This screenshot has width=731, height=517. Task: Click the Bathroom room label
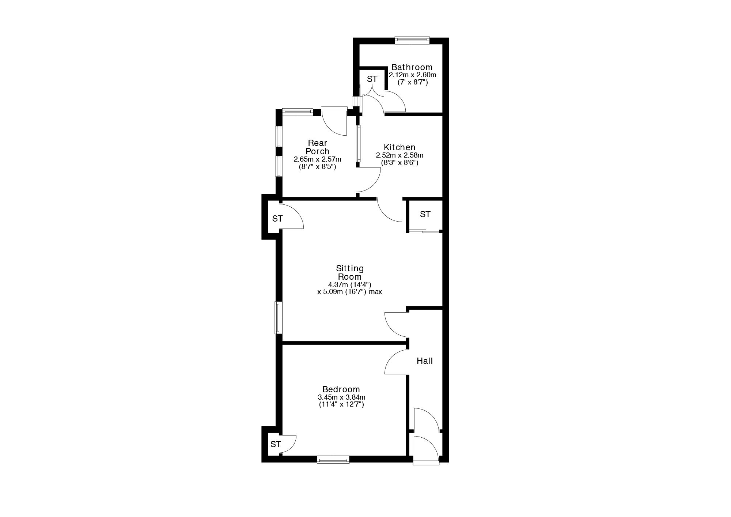click(x=412, y=67)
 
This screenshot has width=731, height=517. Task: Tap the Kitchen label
click(x=399, y=147)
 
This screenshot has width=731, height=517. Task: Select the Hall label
click(x=425, y=361)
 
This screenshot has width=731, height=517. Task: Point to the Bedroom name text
click(x=341, y=390)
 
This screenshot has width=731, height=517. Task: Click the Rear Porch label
click(x=317, y=147)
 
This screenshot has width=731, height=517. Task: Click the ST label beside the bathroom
click(x=372, y=79)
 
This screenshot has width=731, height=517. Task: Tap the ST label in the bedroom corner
click(x=276, y=444)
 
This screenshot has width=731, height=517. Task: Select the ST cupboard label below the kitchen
click(x=425, y=214)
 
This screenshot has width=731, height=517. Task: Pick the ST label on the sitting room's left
click(x=277, y=219)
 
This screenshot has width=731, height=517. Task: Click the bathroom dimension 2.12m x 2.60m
click(x=413, y=75)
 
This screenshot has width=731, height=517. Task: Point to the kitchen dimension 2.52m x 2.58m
click(x=399, y=155)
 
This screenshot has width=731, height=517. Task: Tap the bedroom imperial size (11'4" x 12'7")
click(x=341, y=405)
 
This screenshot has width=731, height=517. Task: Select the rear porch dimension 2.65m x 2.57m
click(x=317, y=159)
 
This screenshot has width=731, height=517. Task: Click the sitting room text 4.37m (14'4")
click(x=350, y=284)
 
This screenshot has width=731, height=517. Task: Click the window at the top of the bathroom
click(x=412, y=40)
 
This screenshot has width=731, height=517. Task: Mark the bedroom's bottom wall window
click(x=333, y=459)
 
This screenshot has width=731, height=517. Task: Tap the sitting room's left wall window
click(x=279, y=317)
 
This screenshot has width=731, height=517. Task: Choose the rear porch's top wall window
click(x=298, y=112)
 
